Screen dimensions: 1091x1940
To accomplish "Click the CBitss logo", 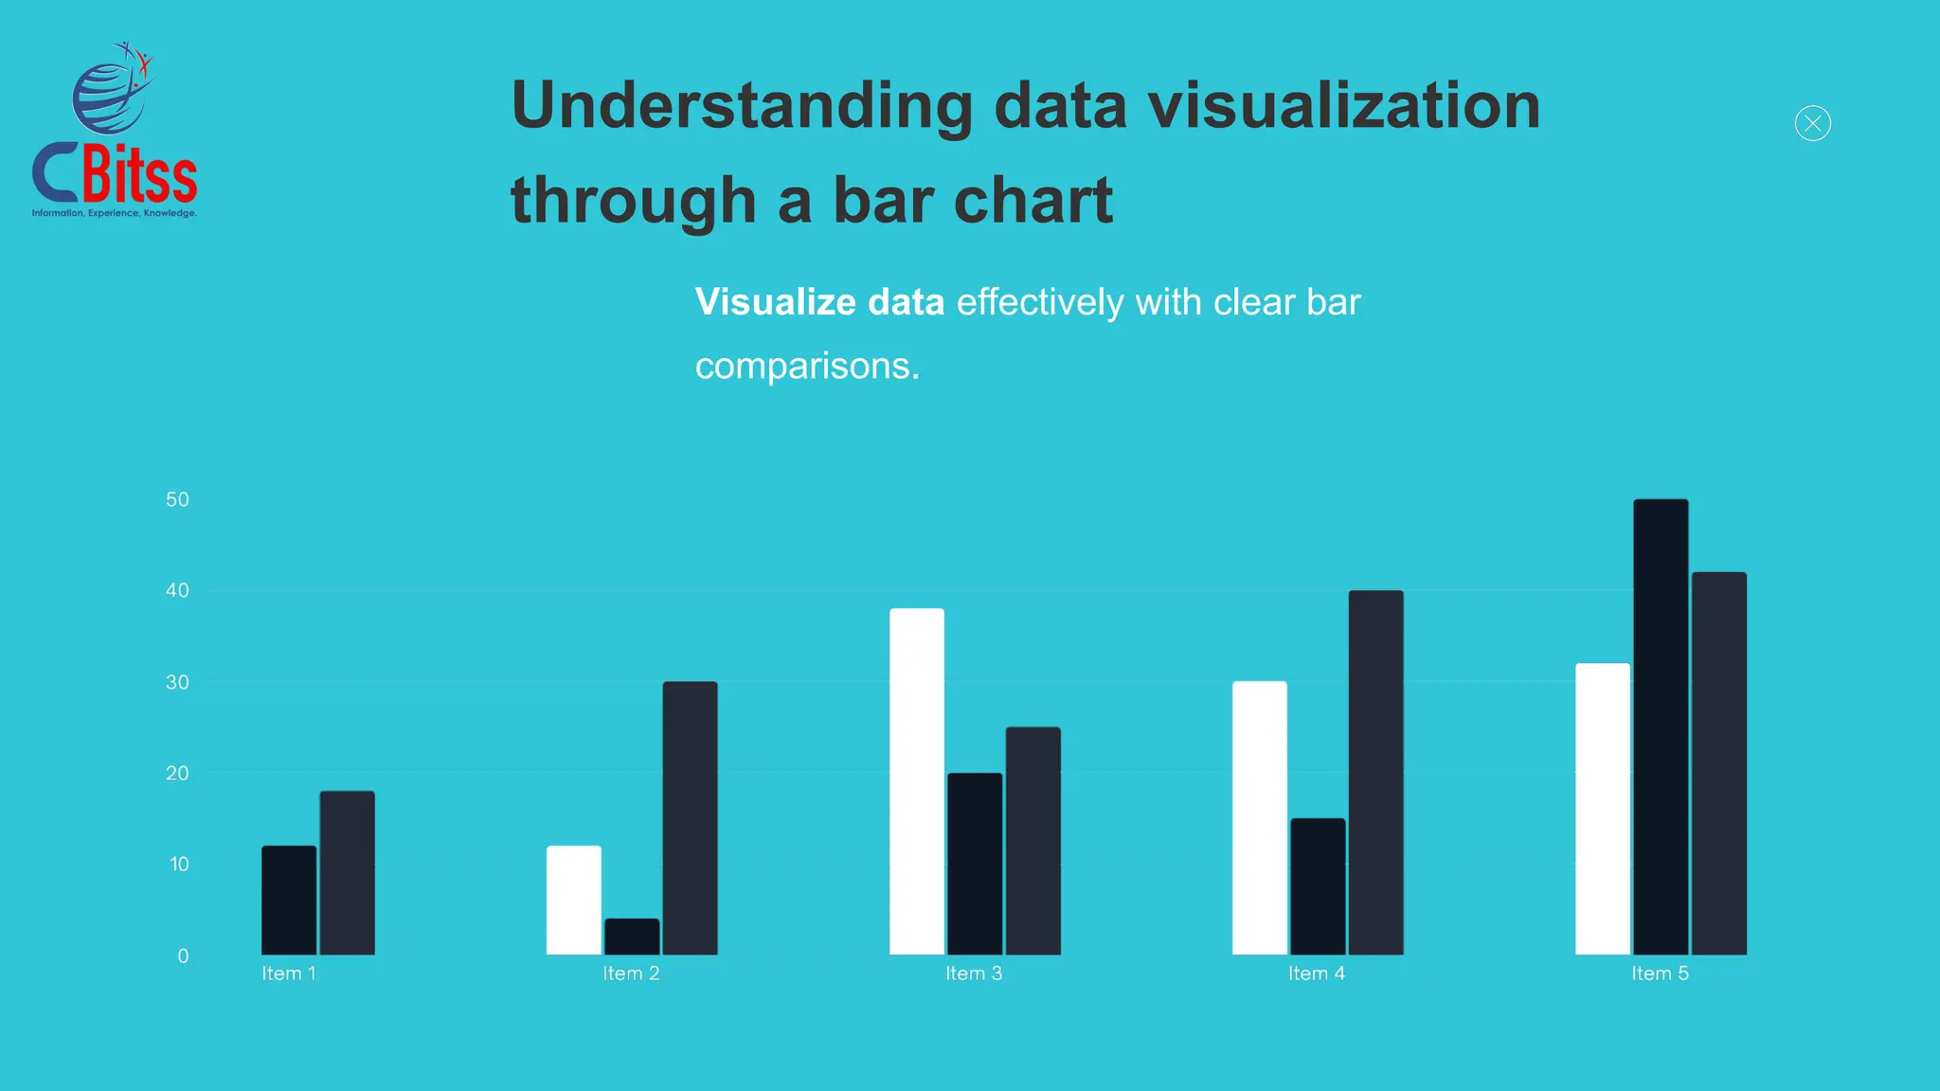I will point(115,133).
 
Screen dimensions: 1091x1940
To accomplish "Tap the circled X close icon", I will point(1812,123).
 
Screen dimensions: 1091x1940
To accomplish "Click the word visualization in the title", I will point(1344,105).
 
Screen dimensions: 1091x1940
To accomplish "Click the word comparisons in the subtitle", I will point(806,366).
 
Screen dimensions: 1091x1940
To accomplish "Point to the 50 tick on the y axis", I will point(177,499).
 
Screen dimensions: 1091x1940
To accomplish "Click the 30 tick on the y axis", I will point(177,682).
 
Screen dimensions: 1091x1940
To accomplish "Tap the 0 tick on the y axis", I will point(183,956).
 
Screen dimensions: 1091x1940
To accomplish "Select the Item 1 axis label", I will point(289,974).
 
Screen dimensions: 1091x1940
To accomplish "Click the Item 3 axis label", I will point(974,974).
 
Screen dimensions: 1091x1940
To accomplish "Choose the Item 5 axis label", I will point(1660,974).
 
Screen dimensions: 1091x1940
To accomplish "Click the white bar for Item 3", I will point(917,781).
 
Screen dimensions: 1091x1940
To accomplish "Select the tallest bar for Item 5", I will point(1661,726).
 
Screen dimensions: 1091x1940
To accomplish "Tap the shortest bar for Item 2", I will point(632,937).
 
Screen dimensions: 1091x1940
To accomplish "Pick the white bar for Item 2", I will point(574,900).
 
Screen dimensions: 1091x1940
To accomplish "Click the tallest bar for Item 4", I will point(1375,772).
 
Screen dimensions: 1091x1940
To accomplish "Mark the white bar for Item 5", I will point(1603,809).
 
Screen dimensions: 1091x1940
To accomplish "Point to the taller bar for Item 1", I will point(347,872).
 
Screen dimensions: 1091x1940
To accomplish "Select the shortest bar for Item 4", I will point(1318,886).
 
